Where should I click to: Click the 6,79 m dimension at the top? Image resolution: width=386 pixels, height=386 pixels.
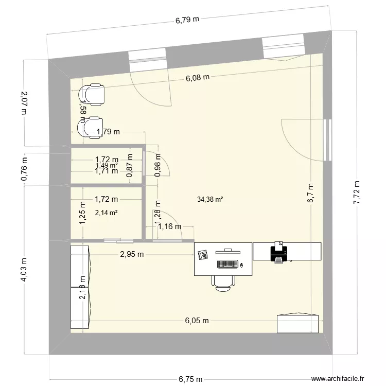[187, 21]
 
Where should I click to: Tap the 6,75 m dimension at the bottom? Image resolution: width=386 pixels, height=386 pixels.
[190, 379]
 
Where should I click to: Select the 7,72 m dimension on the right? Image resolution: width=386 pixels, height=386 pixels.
[356, 192]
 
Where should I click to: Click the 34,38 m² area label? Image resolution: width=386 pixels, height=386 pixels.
[209, 199]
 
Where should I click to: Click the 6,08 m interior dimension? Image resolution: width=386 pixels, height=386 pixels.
[198, 78]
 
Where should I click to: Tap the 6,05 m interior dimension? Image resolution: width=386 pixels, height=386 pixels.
[197, 320]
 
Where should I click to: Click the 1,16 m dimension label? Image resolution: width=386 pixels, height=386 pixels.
[169, 226]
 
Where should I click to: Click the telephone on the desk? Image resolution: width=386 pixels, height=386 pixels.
[202, 254]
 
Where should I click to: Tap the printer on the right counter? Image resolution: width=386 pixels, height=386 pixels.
[278, 253]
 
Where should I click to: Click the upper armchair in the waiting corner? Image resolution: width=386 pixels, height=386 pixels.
[91, 94]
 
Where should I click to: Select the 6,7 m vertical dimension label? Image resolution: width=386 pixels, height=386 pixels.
[310, 194]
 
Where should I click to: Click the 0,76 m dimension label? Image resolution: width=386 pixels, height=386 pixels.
[24, 168]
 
